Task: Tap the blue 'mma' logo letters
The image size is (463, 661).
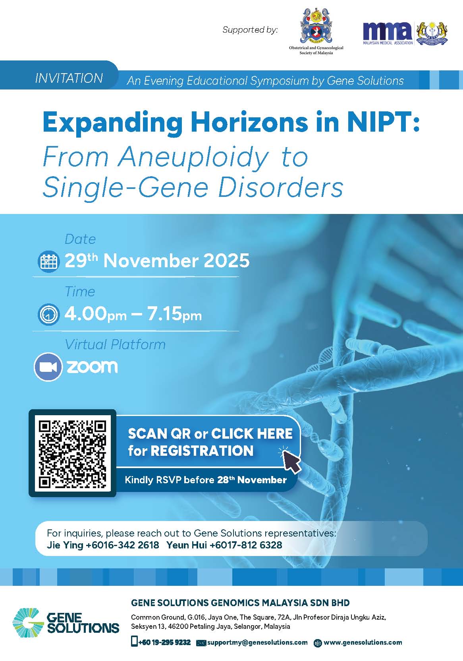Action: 387,31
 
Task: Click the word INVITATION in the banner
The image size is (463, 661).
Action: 69,78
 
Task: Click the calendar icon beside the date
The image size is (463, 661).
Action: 48,261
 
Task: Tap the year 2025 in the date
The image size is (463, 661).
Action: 227,261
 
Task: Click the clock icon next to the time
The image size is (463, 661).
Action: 48,315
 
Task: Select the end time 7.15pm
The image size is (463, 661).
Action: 174,314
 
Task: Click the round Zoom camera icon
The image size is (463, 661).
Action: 48,367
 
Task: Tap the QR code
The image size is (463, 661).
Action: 72,454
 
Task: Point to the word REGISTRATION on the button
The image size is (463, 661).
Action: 202,451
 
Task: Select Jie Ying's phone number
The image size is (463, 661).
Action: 122,545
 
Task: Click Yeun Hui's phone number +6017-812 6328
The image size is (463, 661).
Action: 246,545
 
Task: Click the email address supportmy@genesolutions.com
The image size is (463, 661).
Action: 257,642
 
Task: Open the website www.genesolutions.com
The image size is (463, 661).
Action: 363,642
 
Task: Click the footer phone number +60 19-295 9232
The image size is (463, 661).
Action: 164,642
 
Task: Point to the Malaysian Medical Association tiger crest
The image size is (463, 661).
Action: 432,33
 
